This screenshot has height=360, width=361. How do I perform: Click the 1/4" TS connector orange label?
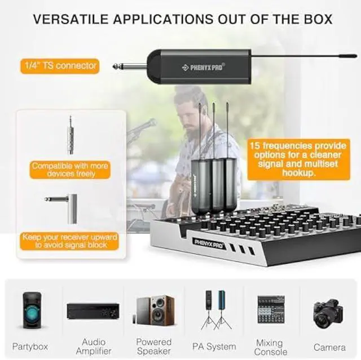60,66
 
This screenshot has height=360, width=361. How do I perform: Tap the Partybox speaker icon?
31,310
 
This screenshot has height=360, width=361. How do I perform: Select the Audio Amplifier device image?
93,310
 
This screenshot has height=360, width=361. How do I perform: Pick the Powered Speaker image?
154,310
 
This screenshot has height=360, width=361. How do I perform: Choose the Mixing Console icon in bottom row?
271,309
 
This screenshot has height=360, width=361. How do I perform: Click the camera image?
329,311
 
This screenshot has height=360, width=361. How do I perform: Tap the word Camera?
329,347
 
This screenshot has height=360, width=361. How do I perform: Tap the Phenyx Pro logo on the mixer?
210,243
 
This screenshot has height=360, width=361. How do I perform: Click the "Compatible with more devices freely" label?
71,170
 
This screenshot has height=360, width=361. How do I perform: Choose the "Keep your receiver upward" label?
71,241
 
